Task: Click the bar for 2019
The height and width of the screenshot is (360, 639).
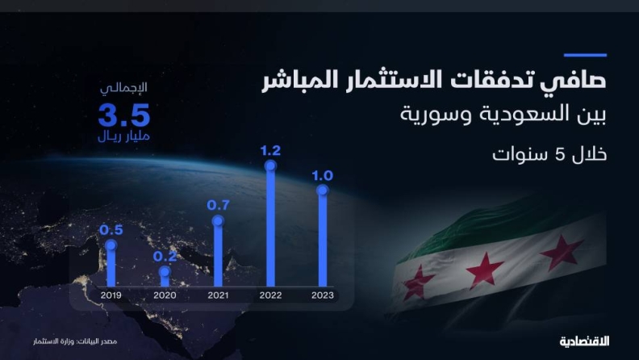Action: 111,265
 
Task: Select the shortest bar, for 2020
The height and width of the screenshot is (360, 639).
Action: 165,276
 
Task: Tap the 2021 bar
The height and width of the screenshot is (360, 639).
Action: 218,253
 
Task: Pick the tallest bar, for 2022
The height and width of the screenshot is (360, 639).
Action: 270,225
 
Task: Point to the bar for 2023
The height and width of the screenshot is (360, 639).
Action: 323,237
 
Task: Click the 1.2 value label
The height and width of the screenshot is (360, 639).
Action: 270,151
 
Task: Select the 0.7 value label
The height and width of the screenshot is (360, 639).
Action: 218,205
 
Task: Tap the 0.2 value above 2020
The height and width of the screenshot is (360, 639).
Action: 165,256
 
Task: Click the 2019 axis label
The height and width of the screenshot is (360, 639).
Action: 111,295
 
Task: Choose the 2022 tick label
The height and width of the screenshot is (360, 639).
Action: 270,295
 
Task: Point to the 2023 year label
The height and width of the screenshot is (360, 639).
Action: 323,295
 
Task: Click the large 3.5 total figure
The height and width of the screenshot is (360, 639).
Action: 124,115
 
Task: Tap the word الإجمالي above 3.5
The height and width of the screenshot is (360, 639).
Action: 124,88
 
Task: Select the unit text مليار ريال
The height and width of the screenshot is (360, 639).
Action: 124,136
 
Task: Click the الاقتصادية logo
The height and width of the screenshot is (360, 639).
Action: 584,341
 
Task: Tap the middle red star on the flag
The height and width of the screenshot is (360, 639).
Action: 485,270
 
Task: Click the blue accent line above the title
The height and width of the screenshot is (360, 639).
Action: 585,55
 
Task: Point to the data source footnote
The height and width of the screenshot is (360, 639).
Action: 75,341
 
